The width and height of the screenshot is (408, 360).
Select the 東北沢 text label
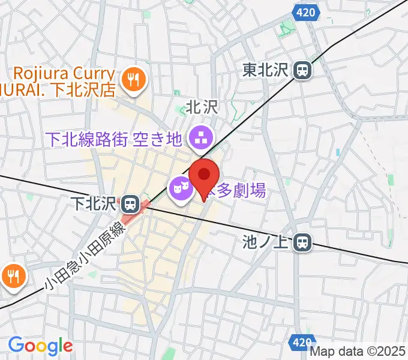click(266, 71)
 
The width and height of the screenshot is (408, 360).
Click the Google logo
click(40, 346)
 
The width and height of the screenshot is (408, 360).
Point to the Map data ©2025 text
click(358, 353)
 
